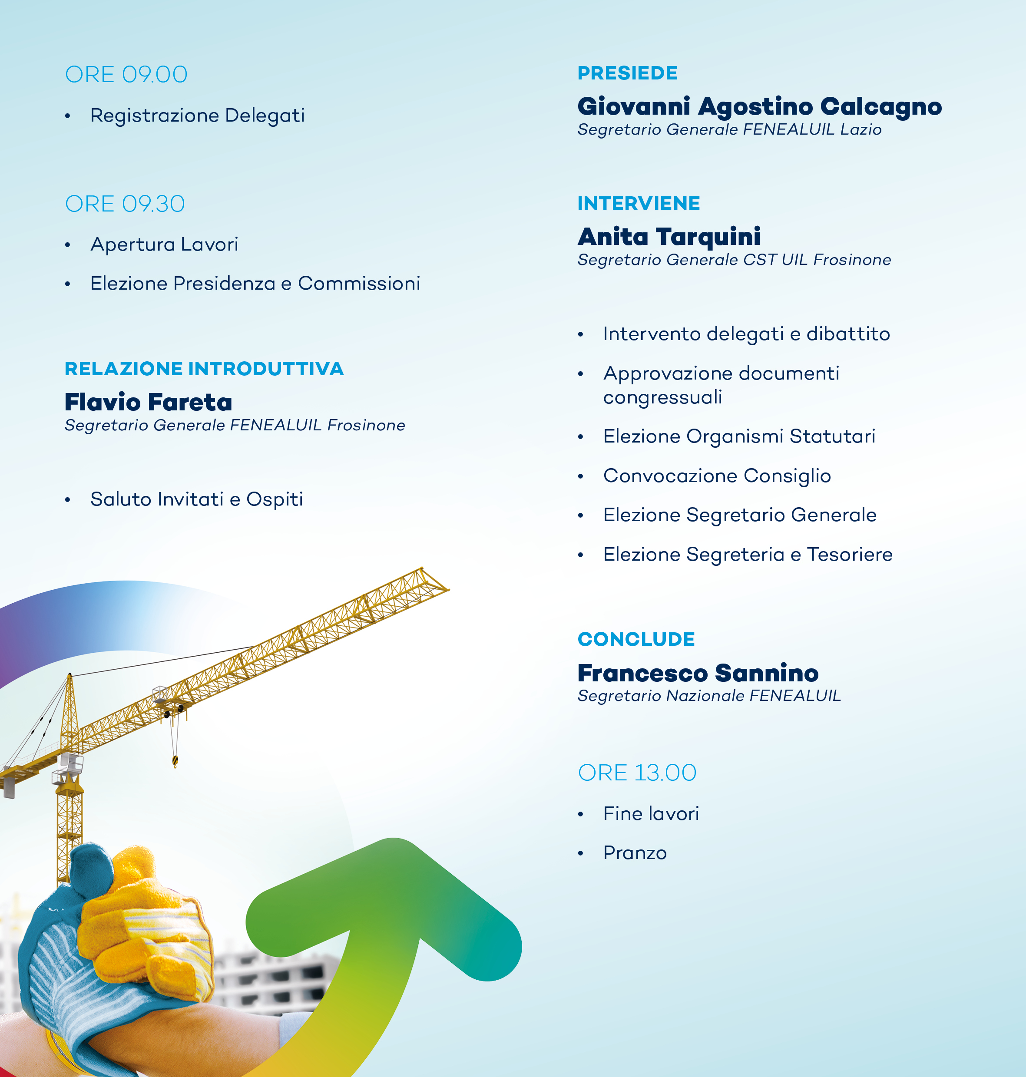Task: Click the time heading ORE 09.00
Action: pyautogui.click(x=126, y=74)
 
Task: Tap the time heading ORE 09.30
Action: pyautogui.click(x=125, y=204)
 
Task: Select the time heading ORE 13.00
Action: pyautogui.click(x=637, y=773)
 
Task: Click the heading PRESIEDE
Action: pyautogui.click(x=627, y=73)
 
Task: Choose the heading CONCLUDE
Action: pyautogui.click(x=636, y=639)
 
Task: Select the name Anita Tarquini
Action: pyautogui.click(x=669, y=237)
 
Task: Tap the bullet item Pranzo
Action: pyautogui.click(x=635, y=853)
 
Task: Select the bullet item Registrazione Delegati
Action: pyautogui.click(x=198, y=116)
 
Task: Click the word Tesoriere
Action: pyautogui.click(x=850, y=555)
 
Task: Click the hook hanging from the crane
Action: pyautogui.click(x=175, y=760)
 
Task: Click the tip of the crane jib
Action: pyautogui.click(x=448, y=589)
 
